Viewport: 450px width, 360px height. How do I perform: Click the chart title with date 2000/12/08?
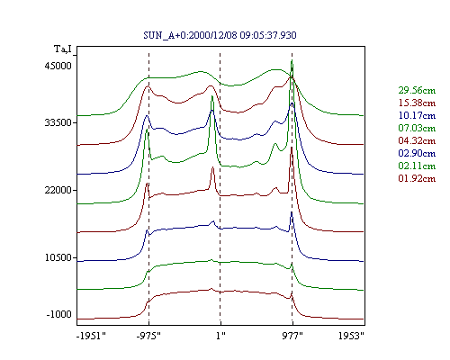pos(220,35)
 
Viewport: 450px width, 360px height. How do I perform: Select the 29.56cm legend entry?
pos(417,90)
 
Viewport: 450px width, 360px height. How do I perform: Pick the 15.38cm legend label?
pos(417,103)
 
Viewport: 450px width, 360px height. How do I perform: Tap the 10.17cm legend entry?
pos(417,115)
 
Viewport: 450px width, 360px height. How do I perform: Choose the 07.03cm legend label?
pos(417,128)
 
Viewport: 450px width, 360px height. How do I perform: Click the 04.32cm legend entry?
pos(417,140)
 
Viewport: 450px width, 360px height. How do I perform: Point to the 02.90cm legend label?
pos(417,153)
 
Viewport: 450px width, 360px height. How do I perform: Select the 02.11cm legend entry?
pos(417,166)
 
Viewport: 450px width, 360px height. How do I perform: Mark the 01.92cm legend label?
pos(417,178)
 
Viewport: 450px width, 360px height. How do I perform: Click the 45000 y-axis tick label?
pos(58,66)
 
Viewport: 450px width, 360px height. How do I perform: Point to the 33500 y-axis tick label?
pos(58,122)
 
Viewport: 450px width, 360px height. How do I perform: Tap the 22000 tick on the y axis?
pos(58,190)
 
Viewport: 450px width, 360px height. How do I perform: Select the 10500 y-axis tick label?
pos(58,257)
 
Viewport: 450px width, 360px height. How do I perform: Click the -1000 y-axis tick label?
pos(59,314)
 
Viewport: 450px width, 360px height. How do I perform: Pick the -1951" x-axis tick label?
pos(91,336)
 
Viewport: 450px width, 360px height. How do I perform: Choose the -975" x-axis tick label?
pos(148,336)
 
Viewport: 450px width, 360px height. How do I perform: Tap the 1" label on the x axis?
pos(220,336)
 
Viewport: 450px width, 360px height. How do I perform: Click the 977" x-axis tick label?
pos(292,336)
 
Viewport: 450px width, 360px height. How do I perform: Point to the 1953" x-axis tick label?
pos(351,336)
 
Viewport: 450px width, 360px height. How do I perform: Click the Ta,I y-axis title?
pos(63,49)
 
